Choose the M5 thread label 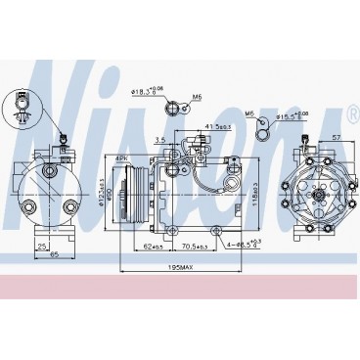point(196,98)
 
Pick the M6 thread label point(250,113)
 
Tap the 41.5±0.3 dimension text point(217,126)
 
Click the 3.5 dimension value point(158,140)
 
